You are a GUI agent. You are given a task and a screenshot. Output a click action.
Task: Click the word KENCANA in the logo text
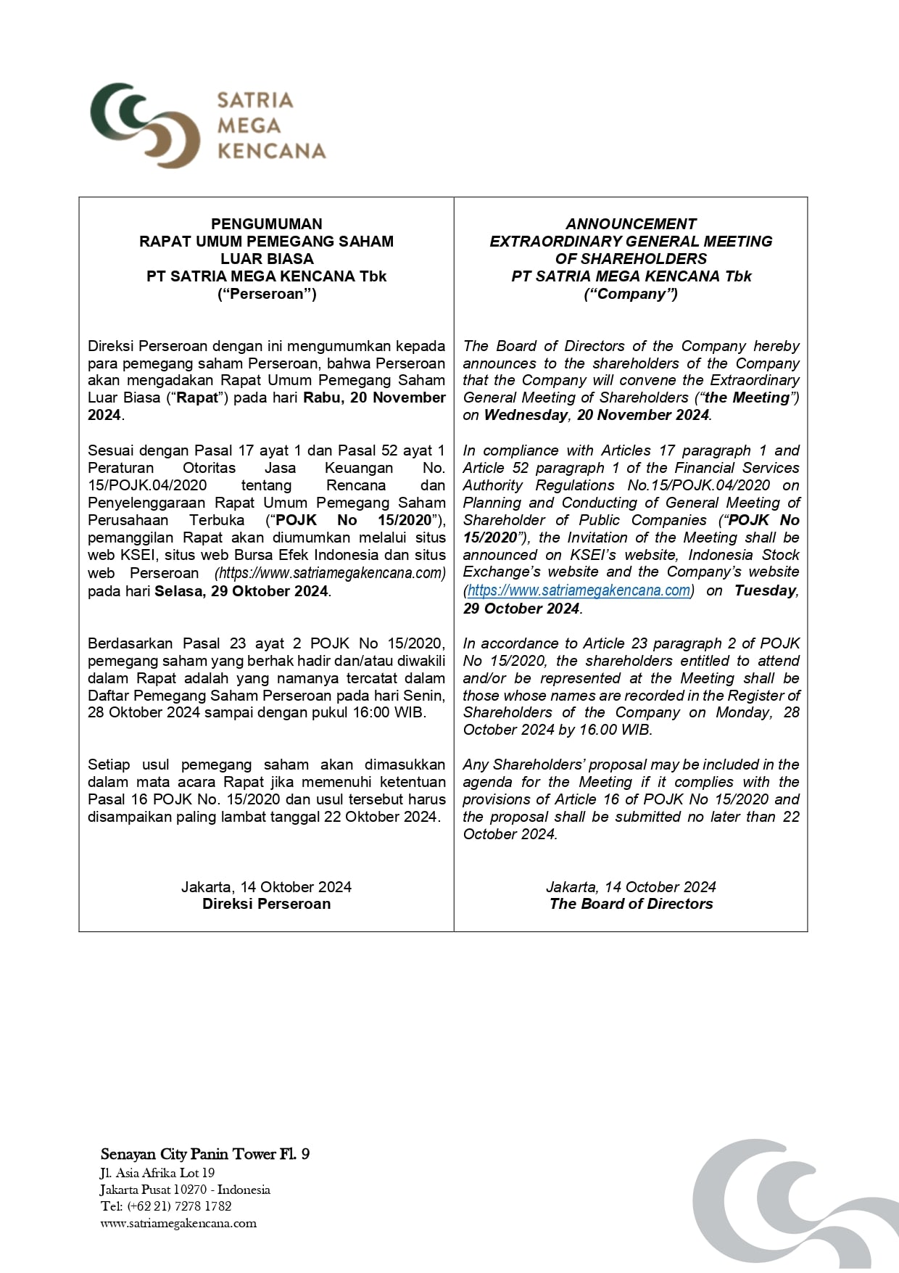coord(272,152)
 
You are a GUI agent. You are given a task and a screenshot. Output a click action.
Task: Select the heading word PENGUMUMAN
coord(266,224)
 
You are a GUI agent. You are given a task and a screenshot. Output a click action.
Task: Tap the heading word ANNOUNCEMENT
coord(631,224)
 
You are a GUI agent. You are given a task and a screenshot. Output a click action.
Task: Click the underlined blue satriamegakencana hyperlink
coord(579,590)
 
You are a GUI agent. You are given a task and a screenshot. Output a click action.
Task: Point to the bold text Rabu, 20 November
coord(374,397)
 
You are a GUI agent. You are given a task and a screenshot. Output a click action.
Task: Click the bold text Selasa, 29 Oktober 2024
coord(241,591)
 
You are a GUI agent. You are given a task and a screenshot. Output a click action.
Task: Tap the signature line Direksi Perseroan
coord(266,904)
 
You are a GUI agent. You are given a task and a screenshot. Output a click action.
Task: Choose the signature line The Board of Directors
coord(631,904)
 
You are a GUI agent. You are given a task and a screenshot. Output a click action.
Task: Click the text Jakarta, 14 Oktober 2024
coord(266,886)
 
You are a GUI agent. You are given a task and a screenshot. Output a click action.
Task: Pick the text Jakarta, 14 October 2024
coord(631,886)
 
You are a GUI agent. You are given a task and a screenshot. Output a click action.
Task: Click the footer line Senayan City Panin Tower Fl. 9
coord(205,1154)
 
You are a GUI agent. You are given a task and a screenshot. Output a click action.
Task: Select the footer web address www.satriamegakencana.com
coord(178,1223)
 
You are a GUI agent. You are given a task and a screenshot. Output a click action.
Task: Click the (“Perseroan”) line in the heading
coord(266,294)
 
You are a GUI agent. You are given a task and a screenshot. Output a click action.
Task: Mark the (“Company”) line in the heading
coord(631,294)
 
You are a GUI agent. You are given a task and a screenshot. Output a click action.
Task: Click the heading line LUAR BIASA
coord(266,259)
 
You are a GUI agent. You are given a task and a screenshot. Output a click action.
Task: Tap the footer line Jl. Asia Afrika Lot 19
coord(157,1173)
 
